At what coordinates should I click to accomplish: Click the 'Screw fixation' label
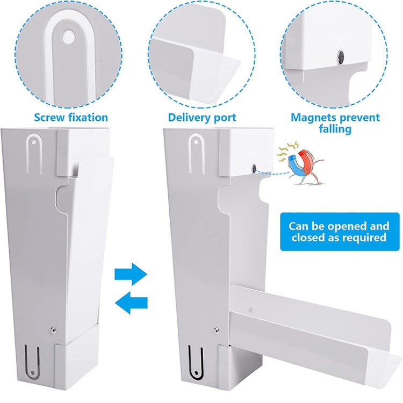coord(71,117)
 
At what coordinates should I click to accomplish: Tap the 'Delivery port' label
coord(202,117)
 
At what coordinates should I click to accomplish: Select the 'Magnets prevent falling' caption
coord(335,123)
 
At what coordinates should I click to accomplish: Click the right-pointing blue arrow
coord(131,273)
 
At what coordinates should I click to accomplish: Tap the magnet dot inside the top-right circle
coord(340,56)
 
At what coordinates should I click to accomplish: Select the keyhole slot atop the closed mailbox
coord(33,153)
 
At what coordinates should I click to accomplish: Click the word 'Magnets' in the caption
coord(313,117)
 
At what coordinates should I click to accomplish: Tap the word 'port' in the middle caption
coord(224,118)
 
